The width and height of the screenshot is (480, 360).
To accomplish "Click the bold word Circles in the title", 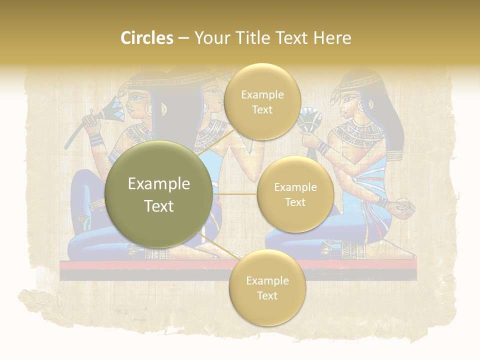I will (x=146, y=38).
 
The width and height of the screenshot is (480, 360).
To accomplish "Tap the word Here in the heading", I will (x=332, y=38).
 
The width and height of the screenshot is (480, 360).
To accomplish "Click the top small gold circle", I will (x=262, y=101).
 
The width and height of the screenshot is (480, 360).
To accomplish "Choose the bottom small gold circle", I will (x=267, y=287).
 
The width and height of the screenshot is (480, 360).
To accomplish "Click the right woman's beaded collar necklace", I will (x=359, y=132).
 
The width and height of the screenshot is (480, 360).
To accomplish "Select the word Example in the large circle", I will (x=158, y=184).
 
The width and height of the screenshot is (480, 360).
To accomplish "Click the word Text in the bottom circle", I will (x=267, y=295).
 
